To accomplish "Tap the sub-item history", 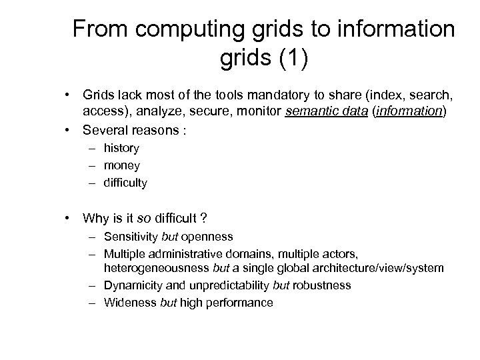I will [121, 148].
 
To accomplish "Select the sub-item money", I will [121, 165].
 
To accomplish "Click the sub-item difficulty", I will [125, 181].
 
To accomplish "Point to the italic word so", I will [143, 217].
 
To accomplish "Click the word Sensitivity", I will [131, 237].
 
